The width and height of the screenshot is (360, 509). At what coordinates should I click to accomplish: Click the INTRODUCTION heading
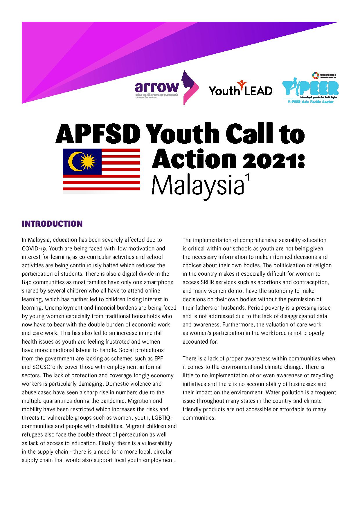tap(52, 224)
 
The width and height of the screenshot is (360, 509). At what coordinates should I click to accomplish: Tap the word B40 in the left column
tap(27, 282)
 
